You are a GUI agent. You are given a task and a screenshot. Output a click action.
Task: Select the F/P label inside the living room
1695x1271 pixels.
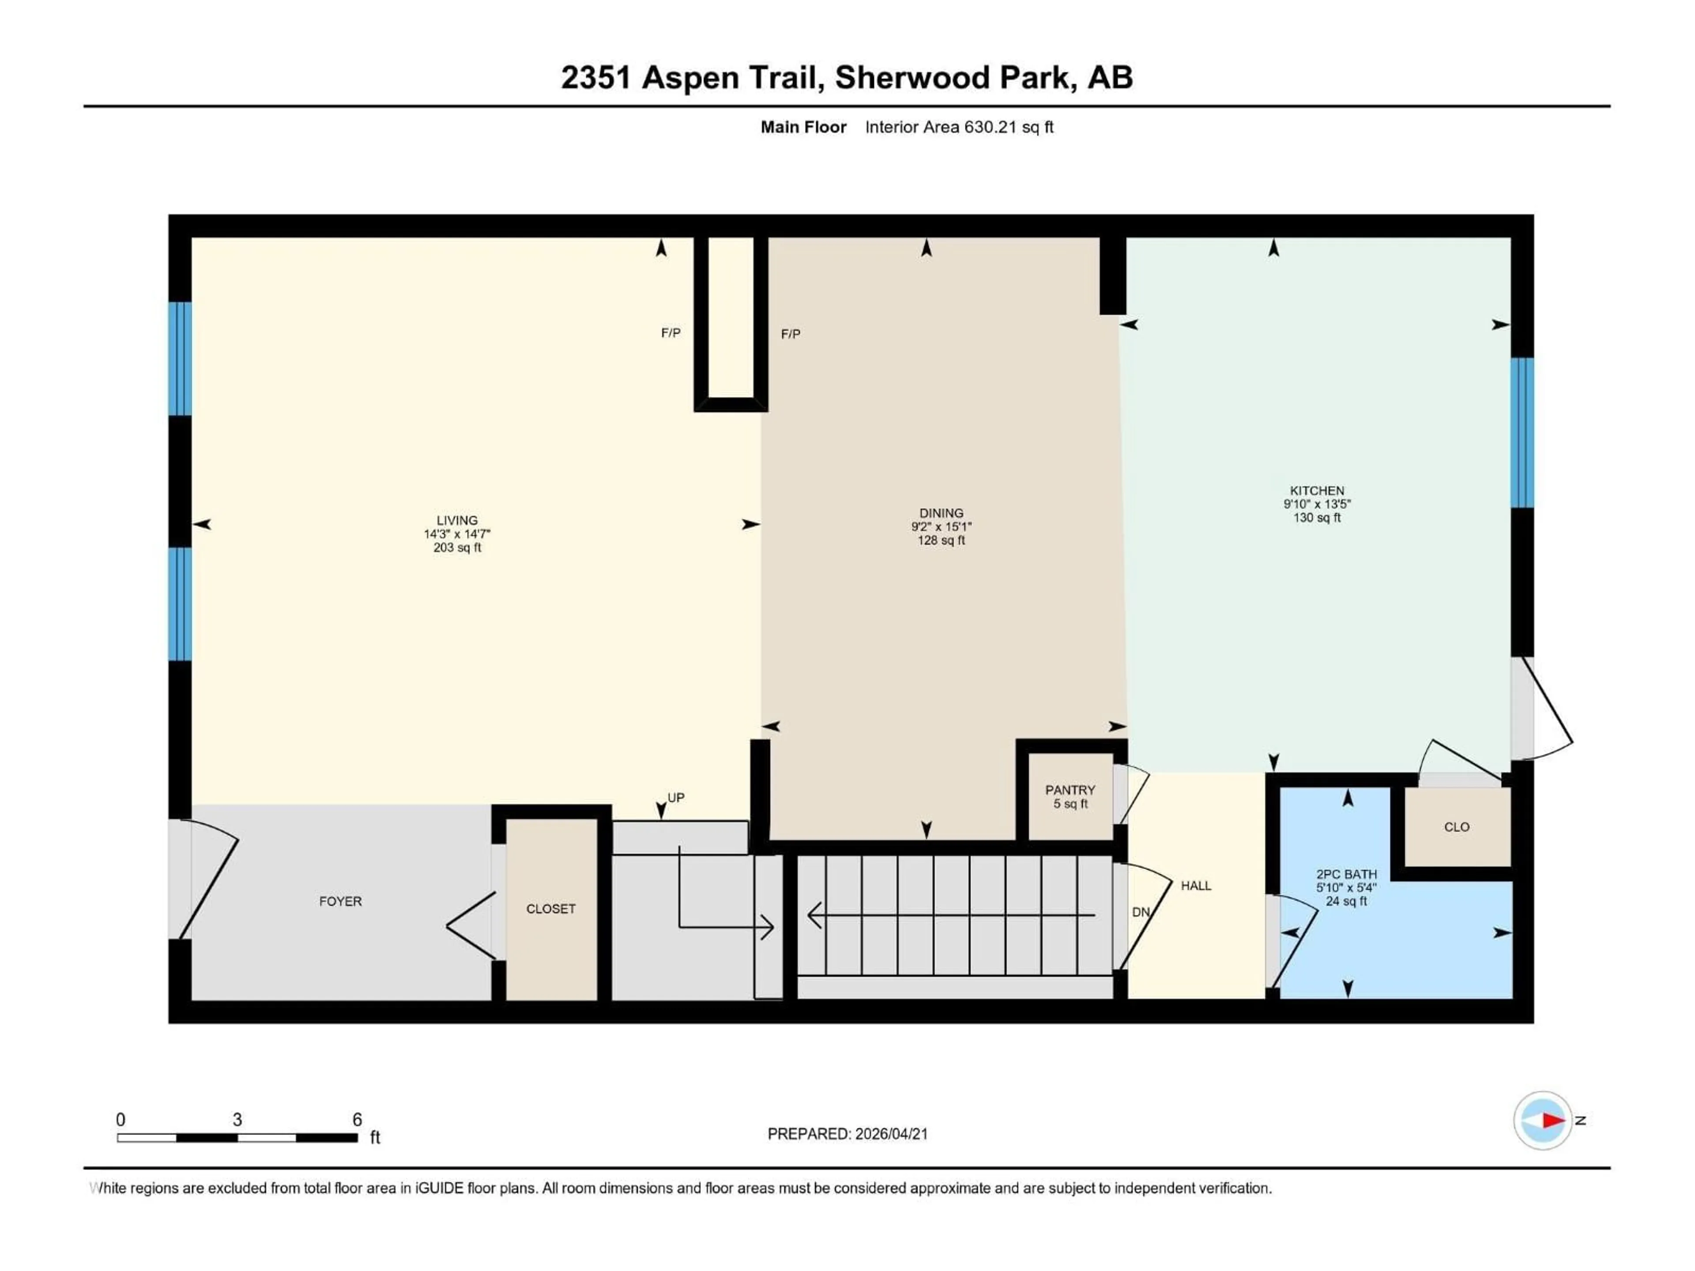click(x=670, y=332)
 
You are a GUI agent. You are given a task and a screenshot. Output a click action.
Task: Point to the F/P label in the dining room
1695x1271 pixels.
click(x=791, y=334)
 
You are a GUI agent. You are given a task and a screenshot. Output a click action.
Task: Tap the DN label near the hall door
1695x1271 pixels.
click(x=1141, y=913)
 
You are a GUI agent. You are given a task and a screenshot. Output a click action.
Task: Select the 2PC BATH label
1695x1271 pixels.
click(x=1346, y=874)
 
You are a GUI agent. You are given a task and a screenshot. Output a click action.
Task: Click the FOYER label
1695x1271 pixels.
click(x=340, y=902)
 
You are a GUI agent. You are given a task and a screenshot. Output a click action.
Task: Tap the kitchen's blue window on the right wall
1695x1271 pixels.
click(x=1522, y=433)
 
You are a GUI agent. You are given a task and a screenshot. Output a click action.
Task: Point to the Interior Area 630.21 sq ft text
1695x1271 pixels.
click(x=959, y=127)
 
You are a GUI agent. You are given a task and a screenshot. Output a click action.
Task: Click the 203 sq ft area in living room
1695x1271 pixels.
click(x=457, y=548)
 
